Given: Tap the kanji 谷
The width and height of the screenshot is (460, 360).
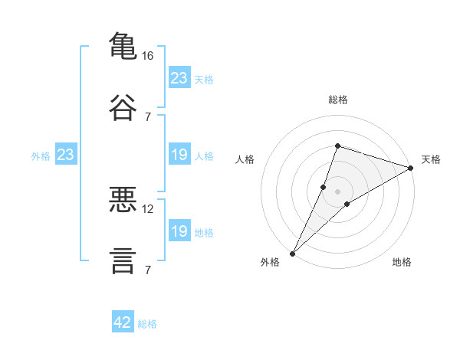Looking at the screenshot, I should [123, 106].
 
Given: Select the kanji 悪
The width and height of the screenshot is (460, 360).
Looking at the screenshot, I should [123, 199].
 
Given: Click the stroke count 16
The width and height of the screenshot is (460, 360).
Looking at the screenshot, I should [148, 56].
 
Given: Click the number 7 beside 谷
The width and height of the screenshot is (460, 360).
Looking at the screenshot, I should [148, 116].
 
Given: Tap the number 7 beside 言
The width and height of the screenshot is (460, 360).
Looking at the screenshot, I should [148, 270].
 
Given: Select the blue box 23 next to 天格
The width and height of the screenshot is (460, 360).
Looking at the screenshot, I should [179, 78].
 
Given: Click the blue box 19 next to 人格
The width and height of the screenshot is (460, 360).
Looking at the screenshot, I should [179, 155].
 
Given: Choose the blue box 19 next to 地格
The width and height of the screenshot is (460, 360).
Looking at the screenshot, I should [179, 231].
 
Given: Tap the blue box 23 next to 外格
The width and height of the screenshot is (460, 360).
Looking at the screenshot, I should [66, 155].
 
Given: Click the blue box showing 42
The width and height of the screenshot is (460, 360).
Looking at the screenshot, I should [123, 322].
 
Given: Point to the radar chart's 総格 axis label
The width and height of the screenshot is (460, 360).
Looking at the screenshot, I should [338, 100].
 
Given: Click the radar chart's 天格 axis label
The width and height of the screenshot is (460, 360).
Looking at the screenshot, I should [431, 159].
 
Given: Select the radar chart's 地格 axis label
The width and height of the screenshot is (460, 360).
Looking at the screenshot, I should [402, 262].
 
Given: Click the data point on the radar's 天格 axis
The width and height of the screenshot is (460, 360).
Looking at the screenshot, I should [411, 168].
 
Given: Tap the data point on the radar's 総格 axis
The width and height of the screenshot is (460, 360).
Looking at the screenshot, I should [337, 146].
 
